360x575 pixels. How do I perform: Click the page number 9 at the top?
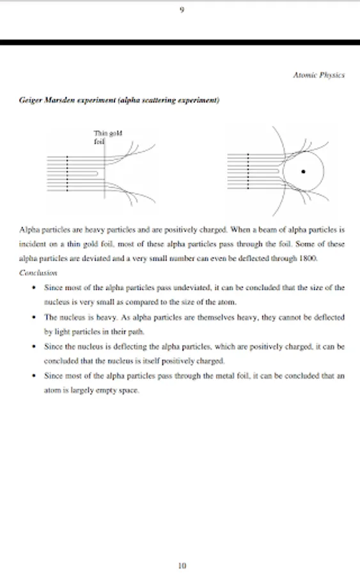point(182,10)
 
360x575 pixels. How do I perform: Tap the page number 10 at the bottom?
point(182,565)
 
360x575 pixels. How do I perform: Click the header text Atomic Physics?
point(318,75)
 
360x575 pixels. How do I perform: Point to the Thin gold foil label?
point(107,137)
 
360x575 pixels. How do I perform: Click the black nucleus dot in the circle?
point(303,171)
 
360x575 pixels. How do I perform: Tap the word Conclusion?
point(38,273)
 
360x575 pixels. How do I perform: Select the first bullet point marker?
point(34,287)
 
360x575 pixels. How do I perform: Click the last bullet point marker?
point(34,376)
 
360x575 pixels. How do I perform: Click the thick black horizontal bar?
point(180,43)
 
